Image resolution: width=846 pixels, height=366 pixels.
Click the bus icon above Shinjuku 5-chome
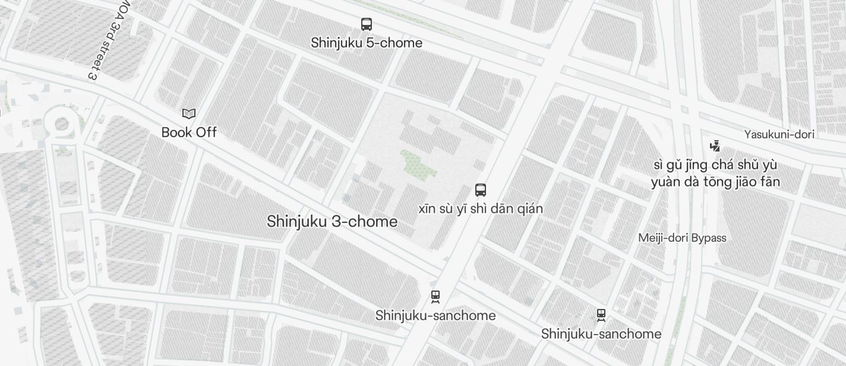click(367, 24)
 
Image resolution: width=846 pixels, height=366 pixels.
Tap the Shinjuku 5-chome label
click(367, 43)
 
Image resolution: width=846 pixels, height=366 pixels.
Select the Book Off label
click(189, 132)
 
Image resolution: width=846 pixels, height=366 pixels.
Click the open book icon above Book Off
click(189, 113)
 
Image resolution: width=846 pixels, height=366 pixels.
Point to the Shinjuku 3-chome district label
click(332, 222)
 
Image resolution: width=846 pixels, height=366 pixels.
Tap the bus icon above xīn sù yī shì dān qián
click(481, 190)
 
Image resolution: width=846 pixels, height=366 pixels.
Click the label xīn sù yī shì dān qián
click(481, 209)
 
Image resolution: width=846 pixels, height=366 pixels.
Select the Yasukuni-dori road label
click(779, 134)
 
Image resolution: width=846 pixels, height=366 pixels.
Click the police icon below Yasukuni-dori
click(715, 146)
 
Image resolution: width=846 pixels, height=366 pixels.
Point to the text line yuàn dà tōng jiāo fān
click(715, 182)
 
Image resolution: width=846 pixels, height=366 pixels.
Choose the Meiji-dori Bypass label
click(682, 238)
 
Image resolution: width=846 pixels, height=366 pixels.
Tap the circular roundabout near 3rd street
click(61, 124)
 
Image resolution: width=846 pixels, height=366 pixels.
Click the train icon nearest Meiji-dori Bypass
click(601, 315)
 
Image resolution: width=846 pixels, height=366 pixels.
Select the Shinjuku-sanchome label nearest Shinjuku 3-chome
click(435, 315)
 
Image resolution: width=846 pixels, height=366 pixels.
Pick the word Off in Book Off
click(206, 132)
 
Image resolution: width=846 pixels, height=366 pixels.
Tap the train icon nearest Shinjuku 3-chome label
click(435, 296)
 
